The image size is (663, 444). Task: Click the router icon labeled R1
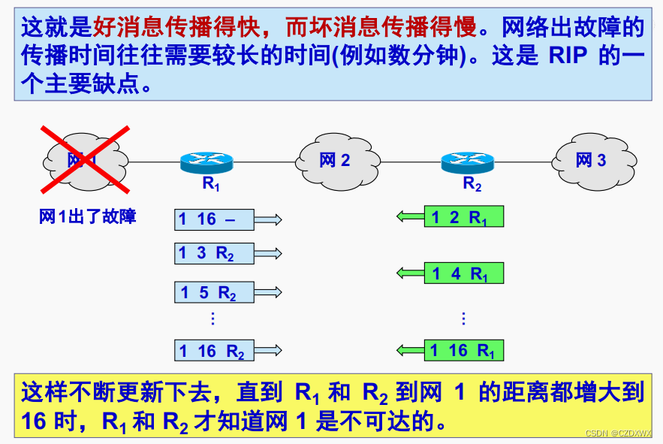coord(207,160)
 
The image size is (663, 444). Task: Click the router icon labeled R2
coord(467,160)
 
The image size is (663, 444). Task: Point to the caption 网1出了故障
coord(88,217)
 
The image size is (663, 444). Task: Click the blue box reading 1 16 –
coord(214,219)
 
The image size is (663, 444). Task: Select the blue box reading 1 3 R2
coord(214,253)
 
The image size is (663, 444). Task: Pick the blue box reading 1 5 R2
coord(214,292)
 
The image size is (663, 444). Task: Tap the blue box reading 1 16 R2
coord(214,350)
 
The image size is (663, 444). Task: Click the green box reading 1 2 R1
coord(463,217)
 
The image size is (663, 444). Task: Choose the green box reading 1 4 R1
coord(463,273)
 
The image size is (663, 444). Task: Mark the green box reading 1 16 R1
coord(463,350)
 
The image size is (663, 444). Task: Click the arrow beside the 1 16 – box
coord(268,219)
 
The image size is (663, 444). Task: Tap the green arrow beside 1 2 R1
coord(410,217)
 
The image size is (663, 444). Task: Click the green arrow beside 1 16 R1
coord(410,350)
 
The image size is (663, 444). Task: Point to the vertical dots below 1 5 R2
coord(212,319)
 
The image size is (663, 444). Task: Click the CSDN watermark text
coord(618,433)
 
